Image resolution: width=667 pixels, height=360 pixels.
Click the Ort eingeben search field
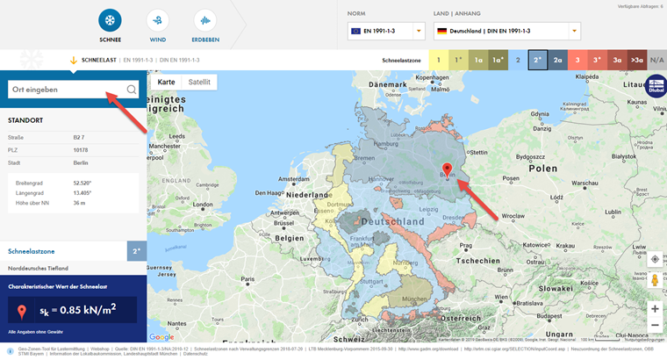(x=66, y=89)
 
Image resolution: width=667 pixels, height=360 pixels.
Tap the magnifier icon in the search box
(x=131, y=89)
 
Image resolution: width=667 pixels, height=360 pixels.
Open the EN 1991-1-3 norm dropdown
(x=385, y=31)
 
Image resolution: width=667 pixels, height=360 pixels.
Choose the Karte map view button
(x=166, y=82)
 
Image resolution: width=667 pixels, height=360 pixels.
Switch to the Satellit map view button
(x=200, y=82)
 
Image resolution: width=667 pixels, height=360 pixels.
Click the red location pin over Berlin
(x=446, y=169)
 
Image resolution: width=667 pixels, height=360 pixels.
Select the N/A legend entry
(x=657, y=60)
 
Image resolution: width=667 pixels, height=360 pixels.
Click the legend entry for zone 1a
(x=477, y=60)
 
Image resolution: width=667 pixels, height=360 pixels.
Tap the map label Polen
(x=542, y=167)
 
